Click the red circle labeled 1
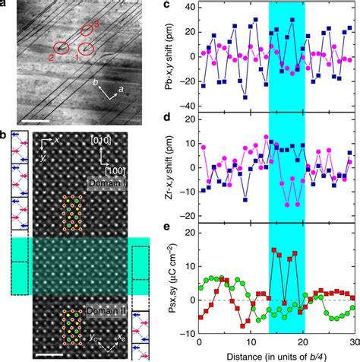(x=85, y=50)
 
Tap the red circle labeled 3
(x=88, y=30)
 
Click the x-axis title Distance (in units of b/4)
(x=276, y=355)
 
